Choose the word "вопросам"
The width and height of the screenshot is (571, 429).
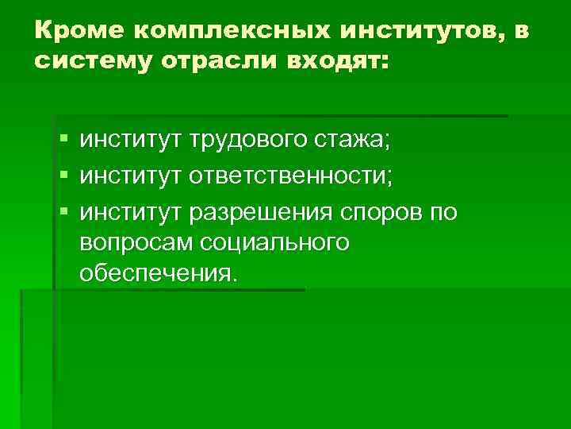pyautogui.click(x=135, y=242)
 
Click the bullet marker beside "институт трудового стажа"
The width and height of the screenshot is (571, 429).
pyautogui.click(x=63, y=141)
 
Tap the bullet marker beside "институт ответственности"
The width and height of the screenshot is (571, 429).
pyautogui.click(x=63, y=176)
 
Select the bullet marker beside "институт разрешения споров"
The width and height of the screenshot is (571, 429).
pyautogui.click(x=63, y=212)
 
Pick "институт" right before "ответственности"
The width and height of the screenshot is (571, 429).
pyautogui.click(x=130, y=176)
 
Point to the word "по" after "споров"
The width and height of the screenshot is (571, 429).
pyautogui.click(x=443, y=212)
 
